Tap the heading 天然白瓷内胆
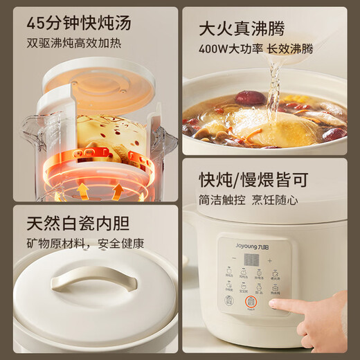click(78, 223)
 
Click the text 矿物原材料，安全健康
click(85, 243)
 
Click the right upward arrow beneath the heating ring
click(118, 189)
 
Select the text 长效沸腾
click(290, 49)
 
